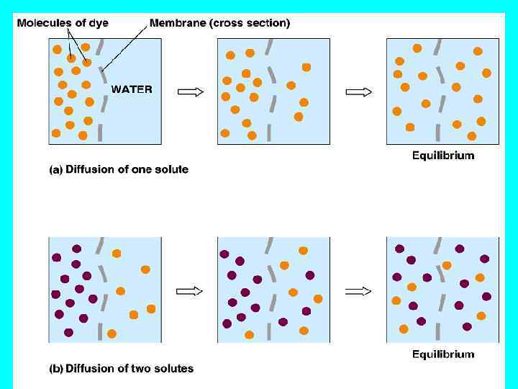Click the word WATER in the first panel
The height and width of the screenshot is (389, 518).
point(131,89)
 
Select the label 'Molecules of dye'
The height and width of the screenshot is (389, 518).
point(63,23)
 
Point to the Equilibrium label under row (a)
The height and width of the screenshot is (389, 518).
point(443,155)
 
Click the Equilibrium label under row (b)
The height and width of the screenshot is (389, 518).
point(443,354)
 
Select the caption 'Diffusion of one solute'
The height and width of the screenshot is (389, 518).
point(127,170)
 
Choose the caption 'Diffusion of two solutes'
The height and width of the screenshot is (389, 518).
point(129,369)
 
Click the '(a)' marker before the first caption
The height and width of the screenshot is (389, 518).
point(55,170)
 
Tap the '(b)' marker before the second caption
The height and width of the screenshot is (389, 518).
point(55,369)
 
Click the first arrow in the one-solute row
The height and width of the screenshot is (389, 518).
point(190,91)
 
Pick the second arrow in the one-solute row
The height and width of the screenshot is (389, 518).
point(359,91)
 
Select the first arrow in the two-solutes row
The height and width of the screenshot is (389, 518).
point(190,291)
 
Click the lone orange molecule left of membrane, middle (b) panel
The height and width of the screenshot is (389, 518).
point(249,334)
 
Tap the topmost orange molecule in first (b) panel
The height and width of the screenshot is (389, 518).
point(117,254)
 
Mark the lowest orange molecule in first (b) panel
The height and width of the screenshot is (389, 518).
point(112,334)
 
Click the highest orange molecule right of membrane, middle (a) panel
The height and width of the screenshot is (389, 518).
point(306,67)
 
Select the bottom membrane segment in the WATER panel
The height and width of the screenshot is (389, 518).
point(100,132)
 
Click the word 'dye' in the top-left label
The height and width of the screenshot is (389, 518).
point(99,23)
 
